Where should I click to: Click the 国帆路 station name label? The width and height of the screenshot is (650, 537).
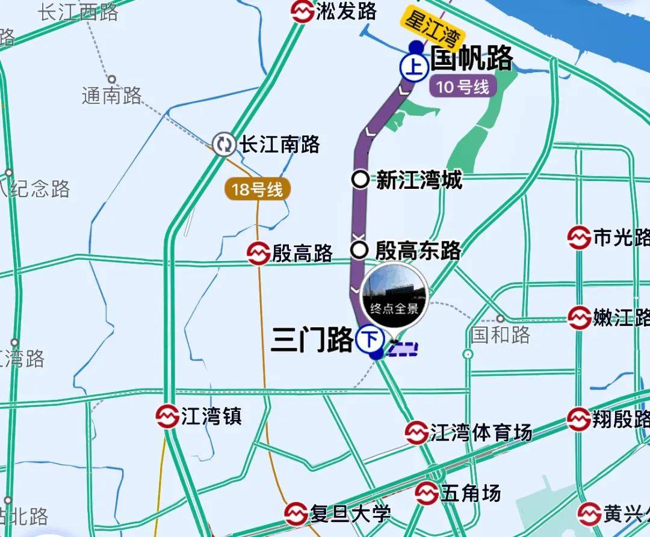pos(472,59)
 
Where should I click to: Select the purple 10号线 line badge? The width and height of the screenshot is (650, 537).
pos(463,87)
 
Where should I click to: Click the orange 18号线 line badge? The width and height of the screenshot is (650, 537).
pos(257,191)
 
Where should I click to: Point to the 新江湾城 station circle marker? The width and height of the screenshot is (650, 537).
pos(360,179)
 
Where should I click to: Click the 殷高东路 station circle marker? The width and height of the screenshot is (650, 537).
pos(359,249)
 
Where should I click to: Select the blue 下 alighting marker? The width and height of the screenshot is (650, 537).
pos(370,340)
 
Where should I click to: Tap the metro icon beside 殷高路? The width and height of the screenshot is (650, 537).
pos(259,254)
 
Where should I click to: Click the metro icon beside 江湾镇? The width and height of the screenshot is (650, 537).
pos(167,416)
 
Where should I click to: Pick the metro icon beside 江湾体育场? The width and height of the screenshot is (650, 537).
pos(416,432)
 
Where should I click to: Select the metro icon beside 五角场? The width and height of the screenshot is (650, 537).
pos(426,493)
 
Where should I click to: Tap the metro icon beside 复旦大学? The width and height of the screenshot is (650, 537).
pos(296,514)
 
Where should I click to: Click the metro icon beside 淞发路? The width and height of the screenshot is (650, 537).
pos(302,11)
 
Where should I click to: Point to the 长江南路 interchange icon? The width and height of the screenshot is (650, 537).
pos(224,144)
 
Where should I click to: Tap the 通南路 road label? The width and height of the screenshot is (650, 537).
pos(112,95)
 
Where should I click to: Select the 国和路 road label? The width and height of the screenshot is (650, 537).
pos(500,334)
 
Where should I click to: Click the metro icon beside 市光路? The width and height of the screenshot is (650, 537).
pos(578,238)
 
